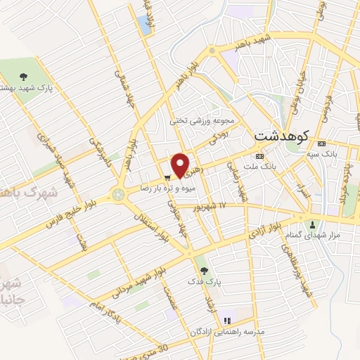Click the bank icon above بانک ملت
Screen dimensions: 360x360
(x=259, y=156)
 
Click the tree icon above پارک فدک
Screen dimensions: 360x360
(x=205, y=270)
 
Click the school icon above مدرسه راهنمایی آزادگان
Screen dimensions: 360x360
(x=226, y=321)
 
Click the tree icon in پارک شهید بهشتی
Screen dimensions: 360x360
(x=23, y=77)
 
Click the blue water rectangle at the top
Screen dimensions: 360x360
(x=146, y=25)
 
